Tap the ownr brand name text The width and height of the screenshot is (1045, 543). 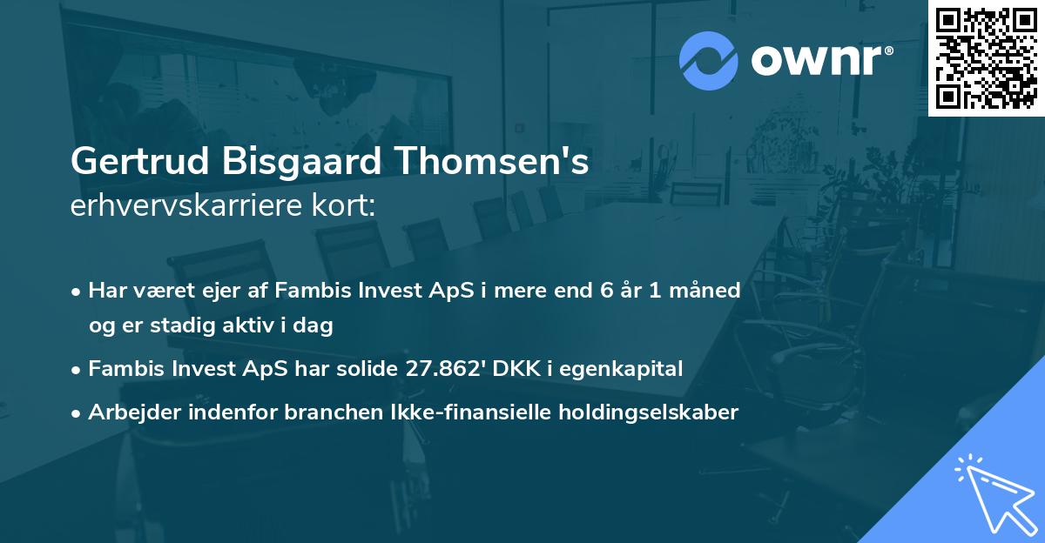click(x=820, y=60)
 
